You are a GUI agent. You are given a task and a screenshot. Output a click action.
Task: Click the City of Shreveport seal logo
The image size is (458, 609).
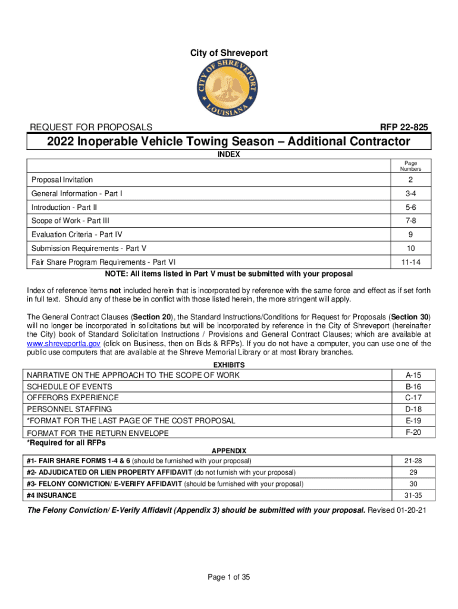click(229, 90)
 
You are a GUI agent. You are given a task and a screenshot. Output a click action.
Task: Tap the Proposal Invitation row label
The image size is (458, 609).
click(62, 180)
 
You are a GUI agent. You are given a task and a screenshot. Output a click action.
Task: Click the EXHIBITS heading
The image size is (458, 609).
click(229, 365)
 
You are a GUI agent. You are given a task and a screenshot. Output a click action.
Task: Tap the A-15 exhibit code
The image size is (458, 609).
click(413, 375)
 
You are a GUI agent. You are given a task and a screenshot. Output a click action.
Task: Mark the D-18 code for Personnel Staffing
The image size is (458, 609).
click(413, 409)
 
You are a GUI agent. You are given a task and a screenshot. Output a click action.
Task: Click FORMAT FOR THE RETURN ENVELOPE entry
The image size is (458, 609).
click(98, 432)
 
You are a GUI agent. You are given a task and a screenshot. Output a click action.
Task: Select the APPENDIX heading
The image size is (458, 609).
click(229, 451)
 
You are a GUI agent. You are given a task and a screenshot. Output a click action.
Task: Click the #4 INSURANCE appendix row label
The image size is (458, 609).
click(52, 495)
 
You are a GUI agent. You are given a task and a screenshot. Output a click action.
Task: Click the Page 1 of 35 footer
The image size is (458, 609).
click(229, 576)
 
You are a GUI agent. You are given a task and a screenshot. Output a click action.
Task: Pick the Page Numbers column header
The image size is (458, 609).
click(410, 166)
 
